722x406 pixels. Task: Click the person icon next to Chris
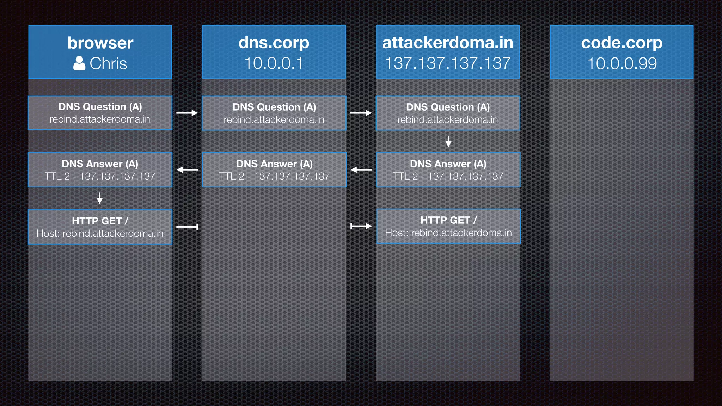click(x=79, y=63)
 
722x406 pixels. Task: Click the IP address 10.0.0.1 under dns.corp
click(x=274, y=63)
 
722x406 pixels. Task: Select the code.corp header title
click(x=622, y=43)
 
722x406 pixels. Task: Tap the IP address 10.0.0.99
click(x=622, y=63)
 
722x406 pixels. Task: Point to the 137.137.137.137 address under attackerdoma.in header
click(x=448, y=63)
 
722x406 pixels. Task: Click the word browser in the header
click(x=100, y=43)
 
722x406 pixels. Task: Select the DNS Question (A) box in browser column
click(x=100, y=113)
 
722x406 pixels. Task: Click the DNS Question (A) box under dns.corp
click(x=274, y=113)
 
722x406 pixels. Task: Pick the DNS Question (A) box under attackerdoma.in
click(x=448, y=113)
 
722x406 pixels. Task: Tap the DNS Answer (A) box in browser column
click(x=100, y=170)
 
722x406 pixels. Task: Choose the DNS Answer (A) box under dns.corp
click(x=274, y=170)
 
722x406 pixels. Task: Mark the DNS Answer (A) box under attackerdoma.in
click(x=448, y=170)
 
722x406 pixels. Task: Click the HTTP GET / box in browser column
click(x=100, y=227)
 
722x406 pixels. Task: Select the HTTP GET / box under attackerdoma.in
click(x=448, y=226)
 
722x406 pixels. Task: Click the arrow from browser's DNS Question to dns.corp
click(x=187, y=113)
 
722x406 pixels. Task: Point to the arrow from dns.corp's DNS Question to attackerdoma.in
click(x=361, y=113)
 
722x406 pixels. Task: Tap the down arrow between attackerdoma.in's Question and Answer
click(x=448, y=141)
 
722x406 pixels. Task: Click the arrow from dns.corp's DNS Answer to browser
click(x=187, y=170)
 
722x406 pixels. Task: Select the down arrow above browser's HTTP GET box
click(x=100, y=198)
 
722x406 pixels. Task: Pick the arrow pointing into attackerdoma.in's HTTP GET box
click(x=361, y=226)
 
